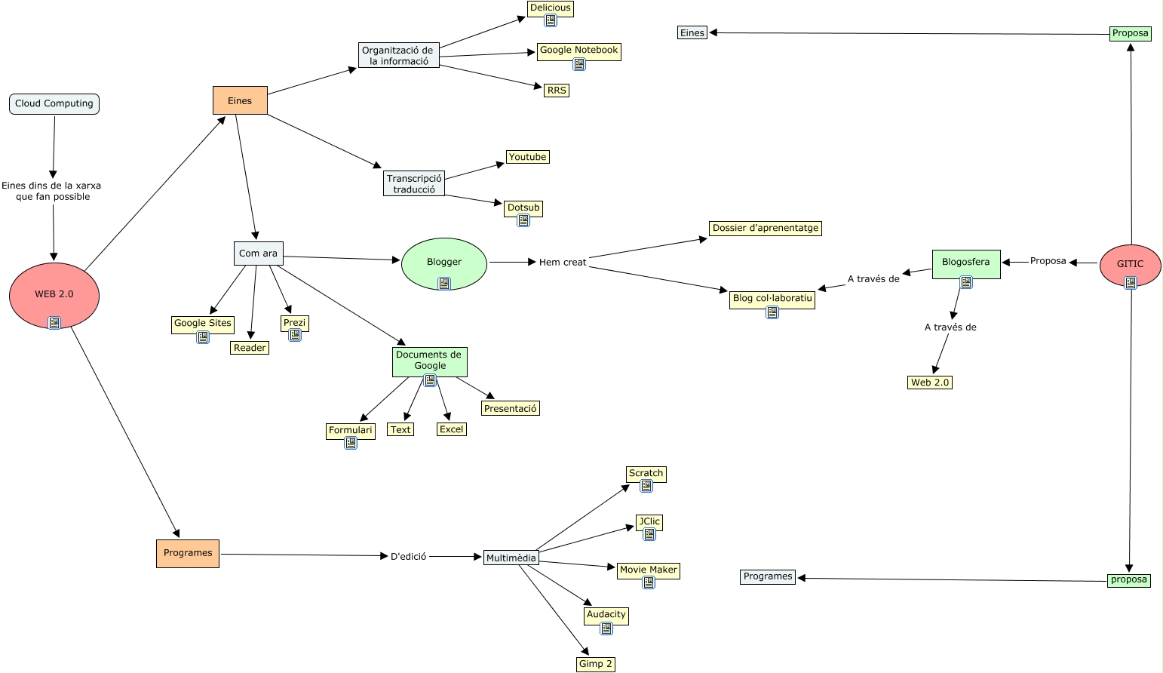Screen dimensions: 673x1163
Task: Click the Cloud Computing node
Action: (x=54, y=104)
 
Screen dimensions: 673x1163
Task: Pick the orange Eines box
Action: (x=240, y=100)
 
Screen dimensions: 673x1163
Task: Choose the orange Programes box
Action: (x=188, y=553)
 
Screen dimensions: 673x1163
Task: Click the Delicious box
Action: (x=551, y=8)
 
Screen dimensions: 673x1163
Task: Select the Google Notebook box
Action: (x=578, y=51)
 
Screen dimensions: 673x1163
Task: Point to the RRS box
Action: (x=557, y=91)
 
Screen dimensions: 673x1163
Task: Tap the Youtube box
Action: (x=527, y=157)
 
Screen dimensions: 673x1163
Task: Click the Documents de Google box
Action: (x=429, y=360)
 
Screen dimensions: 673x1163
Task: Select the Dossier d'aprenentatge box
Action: (x=765, y=228)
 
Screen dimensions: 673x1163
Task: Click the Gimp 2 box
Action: (x=596, y=664)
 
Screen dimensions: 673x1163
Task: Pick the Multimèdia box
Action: (x=511, y=558)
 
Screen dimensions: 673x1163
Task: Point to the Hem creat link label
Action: (x=563, y=263)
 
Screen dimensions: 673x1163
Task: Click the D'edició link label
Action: (x=408, y=557)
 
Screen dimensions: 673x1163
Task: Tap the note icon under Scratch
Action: (x=646, y=487)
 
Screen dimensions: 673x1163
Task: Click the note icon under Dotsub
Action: (x=523, y=220)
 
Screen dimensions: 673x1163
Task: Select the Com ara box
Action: (x=259, y=254)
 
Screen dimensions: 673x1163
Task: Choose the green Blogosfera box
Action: (x=965, y=263)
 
